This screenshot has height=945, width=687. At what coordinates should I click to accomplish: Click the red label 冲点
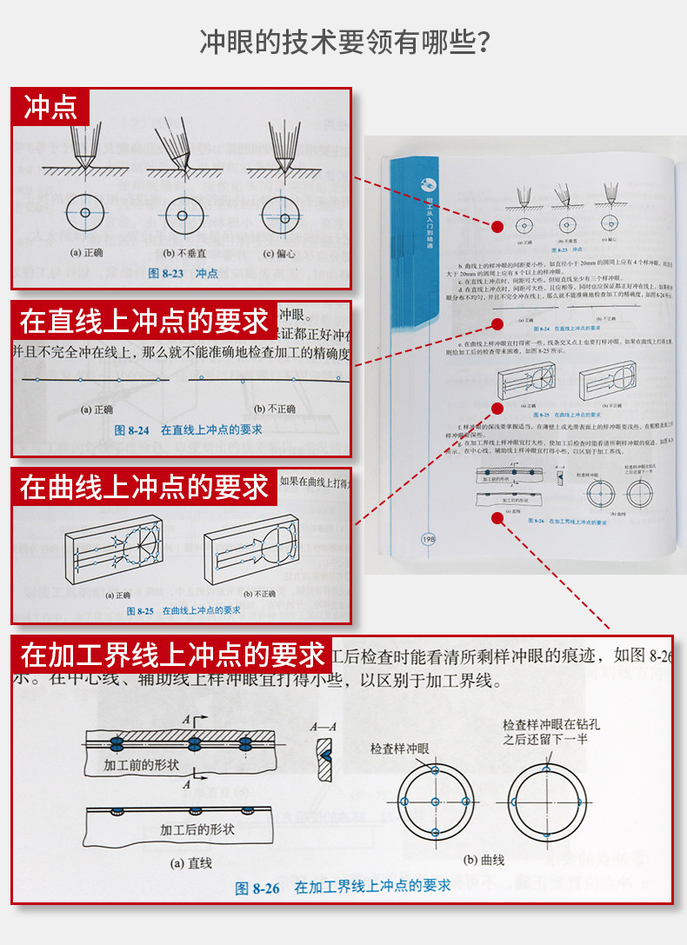[50, 107]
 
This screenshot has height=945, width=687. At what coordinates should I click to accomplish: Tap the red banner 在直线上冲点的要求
[144, 321]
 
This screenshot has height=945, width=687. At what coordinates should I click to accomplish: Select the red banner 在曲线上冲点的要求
[144, 487]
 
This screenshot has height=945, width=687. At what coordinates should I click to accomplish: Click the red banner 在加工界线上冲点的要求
[172, 654]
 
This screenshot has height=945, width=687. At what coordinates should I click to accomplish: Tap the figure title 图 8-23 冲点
[183, 273]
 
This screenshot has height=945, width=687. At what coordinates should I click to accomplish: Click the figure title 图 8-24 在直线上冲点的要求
[188, 429]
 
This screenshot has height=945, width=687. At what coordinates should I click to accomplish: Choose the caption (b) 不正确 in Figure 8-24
[275, 409]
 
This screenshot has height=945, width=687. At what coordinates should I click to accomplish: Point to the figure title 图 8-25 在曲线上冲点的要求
[183, 610]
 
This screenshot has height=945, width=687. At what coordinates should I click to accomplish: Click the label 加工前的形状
[141, 766]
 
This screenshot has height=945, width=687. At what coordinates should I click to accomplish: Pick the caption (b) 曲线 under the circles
[484, 860]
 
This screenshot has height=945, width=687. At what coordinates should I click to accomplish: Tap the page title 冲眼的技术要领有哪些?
[343, 42]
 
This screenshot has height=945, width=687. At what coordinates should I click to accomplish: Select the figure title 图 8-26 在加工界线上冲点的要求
[343, 887]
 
